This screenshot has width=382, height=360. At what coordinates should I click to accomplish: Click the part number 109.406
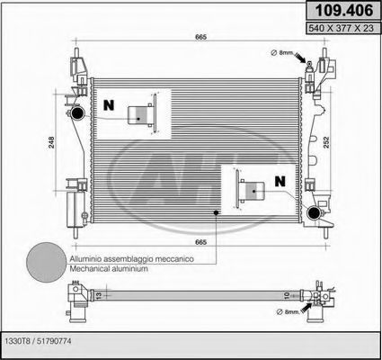click(344, 11)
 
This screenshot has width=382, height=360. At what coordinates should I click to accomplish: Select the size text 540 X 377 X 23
click(341, 28)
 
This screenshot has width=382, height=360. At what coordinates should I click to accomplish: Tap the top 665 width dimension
click(201, 37)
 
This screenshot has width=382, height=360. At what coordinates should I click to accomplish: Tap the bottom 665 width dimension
click(201, 242)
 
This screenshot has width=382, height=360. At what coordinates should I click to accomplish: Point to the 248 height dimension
click(51, 142)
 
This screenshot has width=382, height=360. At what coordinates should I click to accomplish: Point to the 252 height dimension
click(326, 142)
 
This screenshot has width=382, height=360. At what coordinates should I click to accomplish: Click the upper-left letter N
click(109, 105)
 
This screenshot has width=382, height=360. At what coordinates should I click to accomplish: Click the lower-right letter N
click(280, 181)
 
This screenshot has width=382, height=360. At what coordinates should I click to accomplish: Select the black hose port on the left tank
click(77, 113)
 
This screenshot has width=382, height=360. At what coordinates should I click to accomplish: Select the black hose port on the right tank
click(315, 212)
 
